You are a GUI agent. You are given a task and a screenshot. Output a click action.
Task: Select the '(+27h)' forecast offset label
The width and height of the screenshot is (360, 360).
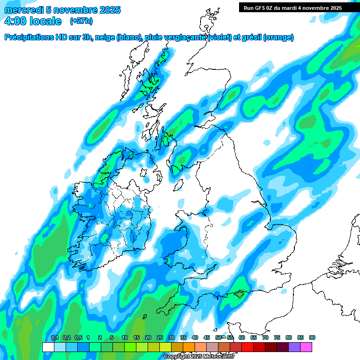pyautogui.click(x=81, y=21)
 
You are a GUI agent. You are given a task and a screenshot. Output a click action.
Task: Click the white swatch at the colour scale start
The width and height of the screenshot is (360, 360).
pyautogui.click(x=48, y=347)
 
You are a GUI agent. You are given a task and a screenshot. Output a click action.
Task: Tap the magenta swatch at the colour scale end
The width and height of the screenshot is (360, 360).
pyautogui.click(x=306, y=347)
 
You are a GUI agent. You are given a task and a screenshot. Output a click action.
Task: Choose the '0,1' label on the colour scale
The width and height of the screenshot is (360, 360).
pyautogui.click(x=54, y=338)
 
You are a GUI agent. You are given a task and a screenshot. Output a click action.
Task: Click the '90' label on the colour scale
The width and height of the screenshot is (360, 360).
pyautogui.click(x=312, y=338)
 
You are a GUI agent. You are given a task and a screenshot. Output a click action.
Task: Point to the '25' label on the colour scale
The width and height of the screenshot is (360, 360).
pyautogui.click(x=160, y=338)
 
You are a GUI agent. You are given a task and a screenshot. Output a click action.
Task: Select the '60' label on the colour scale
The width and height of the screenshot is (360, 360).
pyautogui.click(x=242, y=338)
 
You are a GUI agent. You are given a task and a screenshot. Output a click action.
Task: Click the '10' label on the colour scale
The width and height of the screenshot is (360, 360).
pyautogui.click(x=125, y=338)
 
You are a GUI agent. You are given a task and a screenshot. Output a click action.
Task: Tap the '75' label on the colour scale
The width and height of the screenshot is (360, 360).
pyautogui.click(x=277, y=338)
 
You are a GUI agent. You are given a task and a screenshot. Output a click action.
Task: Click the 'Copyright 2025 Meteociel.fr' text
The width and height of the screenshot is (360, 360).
pyautogui.click(x=199, y=356)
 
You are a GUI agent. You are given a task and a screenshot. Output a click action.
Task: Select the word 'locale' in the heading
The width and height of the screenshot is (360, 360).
pyautogui.click(x=45, y=21)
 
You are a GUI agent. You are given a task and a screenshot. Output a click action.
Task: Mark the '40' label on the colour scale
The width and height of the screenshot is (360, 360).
pyautogui.click(x=195, y=338)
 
